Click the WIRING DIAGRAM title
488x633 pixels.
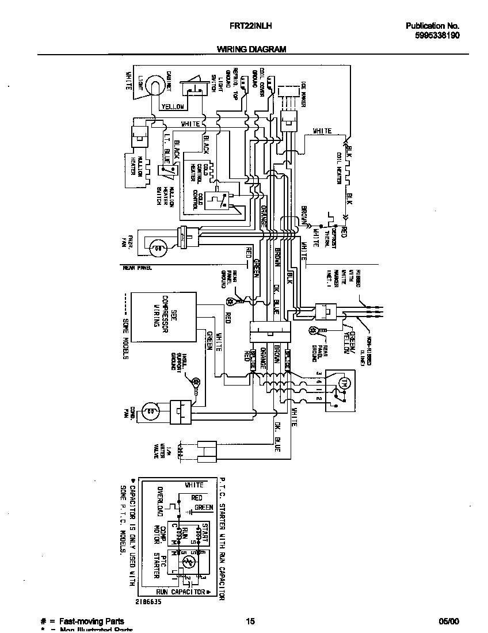point(251,49)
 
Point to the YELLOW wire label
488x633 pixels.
point(173,107)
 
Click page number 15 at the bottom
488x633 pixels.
point(250,621)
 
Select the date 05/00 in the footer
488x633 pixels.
point(448,621)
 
